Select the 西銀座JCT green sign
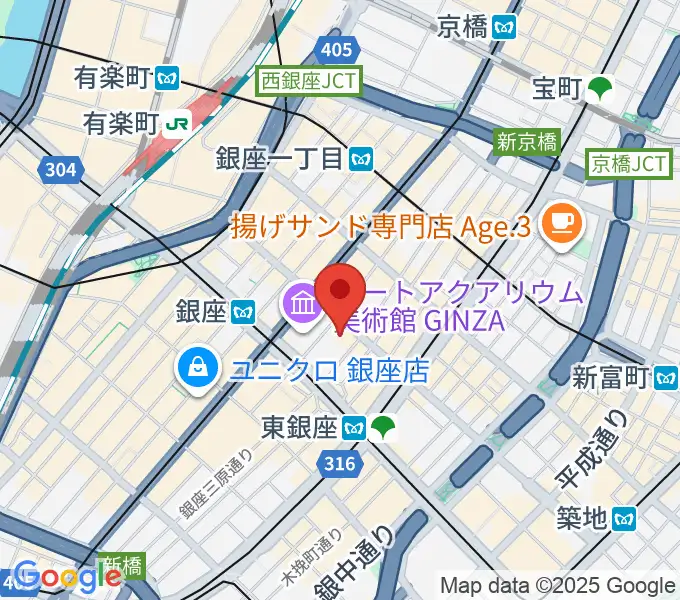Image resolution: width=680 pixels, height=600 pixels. point(308,81)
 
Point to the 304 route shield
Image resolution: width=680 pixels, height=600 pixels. point(61,170)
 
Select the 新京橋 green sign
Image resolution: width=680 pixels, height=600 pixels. point(527,142)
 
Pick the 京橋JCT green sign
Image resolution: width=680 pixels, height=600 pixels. point(628,163)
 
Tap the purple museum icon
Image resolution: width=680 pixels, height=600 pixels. point(300,302)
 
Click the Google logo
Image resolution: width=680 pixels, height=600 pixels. point(68,577)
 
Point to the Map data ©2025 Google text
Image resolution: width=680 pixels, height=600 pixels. point(558,585)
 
